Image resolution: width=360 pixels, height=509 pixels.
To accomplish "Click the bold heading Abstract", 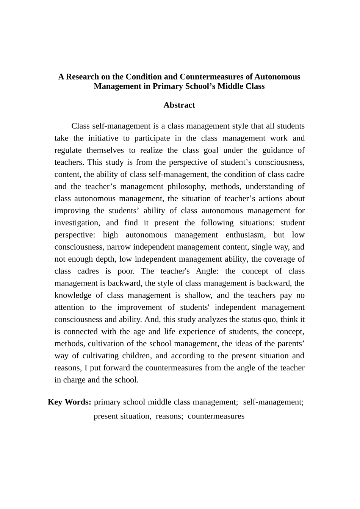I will pyautogui.click(x=179, y=105).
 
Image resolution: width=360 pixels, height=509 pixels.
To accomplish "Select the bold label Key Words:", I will pyautogui.click(x=69, y=402).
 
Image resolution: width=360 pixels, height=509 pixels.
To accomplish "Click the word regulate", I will pyautogui.click(x=68, y=150).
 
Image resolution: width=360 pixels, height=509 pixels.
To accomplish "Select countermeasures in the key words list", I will pyautogui.click(x=216, y=416).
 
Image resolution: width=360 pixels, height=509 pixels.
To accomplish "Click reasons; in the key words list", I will pyautogui.click(x=169, y=416).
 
